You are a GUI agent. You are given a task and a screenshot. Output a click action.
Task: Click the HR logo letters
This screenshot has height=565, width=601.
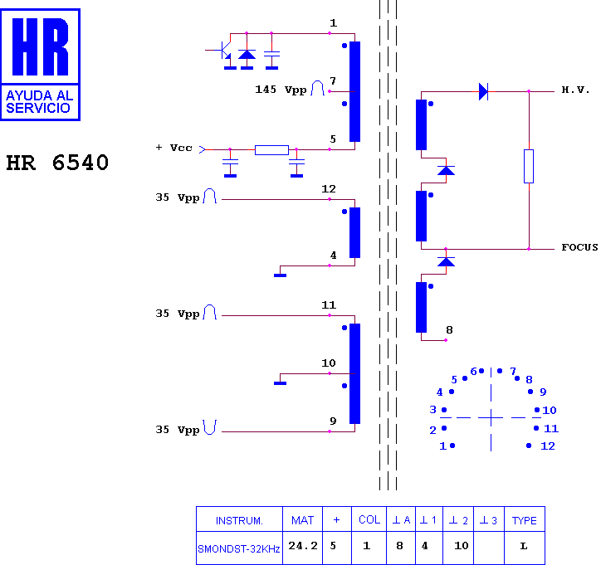(x=40, y=46)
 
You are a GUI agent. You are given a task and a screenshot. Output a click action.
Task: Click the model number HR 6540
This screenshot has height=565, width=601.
(x=57, y=163)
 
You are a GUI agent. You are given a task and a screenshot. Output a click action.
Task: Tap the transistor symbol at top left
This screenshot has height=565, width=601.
(x=223, y=50)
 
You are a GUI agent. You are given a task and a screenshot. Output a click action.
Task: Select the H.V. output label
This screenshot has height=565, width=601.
(x=575, y=90)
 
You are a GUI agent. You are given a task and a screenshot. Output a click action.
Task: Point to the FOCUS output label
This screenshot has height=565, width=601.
(x=579, y=247)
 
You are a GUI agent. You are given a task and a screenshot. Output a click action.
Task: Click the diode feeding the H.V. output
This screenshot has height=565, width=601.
(x=483, y=91)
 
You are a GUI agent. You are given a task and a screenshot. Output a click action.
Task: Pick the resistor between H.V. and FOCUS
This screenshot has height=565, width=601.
(x=529, y=166)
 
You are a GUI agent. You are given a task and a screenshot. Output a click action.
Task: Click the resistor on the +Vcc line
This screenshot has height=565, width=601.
(x=271, y=150)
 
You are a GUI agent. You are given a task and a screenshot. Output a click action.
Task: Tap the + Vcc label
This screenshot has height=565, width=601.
(x=173, y=148)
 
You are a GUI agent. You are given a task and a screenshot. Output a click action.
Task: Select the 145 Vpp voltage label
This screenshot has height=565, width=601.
(x=281, y=90)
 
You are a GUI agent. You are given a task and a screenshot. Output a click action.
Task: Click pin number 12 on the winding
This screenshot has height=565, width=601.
(x=329, y=189)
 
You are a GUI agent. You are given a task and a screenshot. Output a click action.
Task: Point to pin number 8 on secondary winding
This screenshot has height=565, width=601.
(x=449, y=330)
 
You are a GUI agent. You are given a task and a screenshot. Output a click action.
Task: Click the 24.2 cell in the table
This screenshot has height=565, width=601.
(x=303, y=545)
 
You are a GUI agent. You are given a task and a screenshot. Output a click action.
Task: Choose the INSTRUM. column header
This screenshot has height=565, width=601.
(x=239, y=520)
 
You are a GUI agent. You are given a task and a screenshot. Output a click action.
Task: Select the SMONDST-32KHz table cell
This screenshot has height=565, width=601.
(x=239, y=549)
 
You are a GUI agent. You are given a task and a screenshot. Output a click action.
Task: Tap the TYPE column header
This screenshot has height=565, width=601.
(x=525, y=520)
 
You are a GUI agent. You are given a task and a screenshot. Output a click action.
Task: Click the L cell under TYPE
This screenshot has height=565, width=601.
(x=524, y=546)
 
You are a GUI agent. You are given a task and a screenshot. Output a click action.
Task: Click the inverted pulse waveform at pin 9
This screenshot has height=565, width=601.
(x=210, y=427)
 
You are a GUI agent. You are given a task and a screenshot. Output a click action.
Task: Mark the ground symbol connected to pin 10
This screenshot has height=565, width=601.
(x=281, y=383)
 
